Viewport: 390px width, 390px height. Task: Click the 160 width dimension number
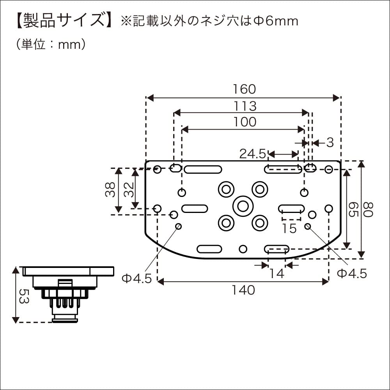245,89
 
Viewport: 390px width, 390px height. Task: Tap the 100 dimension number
245,122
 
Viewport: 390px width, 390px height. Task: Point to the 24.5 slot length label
252,154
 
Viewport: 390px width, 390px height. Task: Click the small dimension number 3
330,143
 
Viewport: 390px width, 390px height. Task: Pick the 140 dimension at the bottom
243,290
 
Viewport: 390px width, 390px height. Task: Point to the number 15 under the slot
289,228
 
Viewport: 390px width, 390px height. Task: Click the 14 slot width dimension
277,273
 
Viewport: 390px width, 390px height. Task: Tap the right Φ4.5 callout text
352,273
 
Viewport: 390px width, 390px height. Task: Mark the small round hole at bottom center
243,249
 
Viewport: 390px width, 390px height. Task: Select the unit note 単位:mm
51,44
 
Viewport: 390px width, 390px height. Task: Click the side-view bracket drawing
66,291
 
